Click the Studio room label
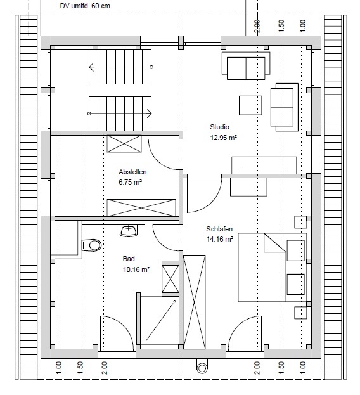tap(219, 127)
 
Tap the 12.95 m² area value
tap(224, 138)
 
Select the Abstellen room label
tap(132, 172)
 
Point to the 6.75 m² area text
tap(130, 182)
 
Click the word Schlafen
tap(219, 229)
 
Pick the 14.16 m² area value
tap(220, 239)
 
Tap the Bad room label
tap(129, 259)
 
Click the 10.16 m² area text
tap(136, 269)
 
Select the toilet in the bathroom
tap(92, 245)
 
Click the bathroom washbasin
tap(129, 231)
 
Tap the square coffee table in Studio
tap(250, 105)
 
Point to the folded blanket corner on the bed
tap(274, 243)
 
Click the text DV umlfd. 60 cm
tap(85, 6)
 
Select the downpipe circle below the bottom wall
tap(202, 368)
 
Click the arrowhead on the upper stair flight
tap(91, 67)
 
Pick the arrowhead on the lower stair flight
tap(150, 113)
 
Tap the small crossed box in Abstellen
tap(124, 143)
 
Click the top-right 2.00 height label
tap(257, 27)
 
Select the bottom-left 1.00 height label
tap(58, 368)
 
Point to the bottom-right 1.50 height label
tap(281, 368)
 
